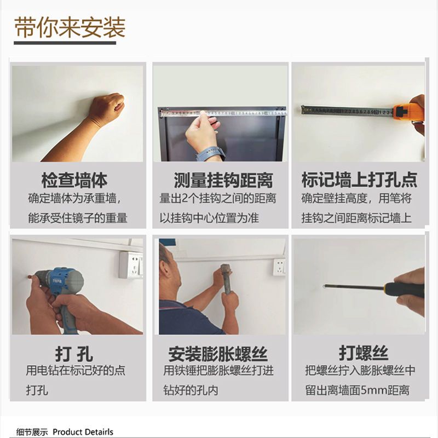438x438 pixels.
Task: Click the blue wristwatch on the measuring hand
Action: pos(210,154)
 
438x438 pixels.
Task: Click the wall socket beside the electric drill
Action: pos(131,264)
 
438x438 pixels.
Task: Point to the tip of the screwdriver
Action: pos(324,286)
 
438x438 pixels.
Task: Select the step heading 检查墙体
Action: pos(74,181)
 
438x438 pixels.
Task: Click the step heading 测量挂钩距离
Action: pos(223,181)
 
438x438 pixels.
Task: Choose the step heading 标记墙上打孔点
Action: pos(359,180)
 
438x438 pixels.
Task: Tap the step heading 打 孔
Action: pos(74,354)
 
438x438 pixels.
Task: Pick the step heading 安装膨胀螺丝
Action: pos(218,354)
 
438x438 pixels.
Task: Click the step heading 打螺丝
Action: pos(364,353)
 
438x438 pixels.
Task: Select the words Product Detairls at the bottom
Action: pos(83,432)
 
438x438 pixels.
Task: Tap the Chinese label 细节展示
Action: pos(32,432)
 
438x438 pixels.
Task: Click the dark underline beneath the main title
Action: pos(65,43)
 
